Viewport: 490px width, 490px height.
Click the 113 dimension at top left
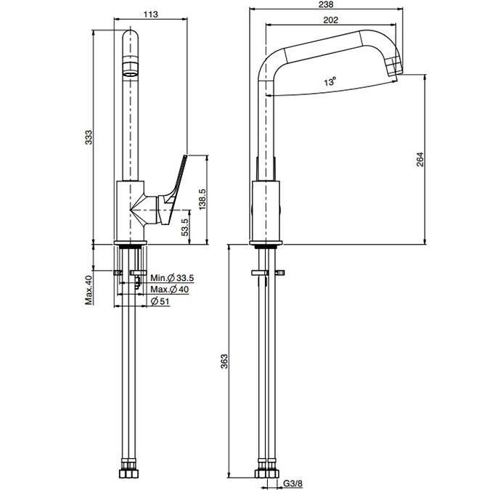(x=152, y=13)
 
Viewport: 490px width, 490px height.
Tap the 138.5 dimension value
(x=203, y=200)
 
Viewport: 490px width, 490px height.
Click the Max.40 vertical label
(x=89, y=290)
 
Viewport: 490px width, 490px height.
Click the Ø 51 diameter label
(x=161, y=302)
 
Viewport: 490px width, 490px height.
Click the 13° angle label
(x=330, y=83)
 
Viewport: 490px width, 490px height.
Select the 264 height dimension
(x=420, y=160)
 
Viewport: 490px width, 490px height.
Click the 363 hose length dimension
(x=224, y=361)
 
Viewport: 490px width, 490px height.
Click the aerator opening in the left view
(x=130, y=70)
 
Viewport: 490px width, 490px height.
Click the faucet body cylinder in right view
(x=266, y=211)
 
